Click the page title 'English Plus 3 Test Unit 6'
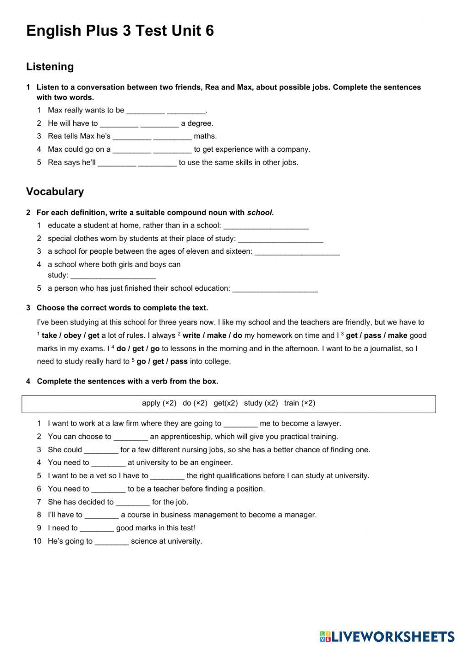pyautogui.click(x=120, y=31)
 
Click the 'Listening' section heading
pyautogui.click(x=50, y=67)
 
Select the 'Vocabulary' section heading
pyautogui.click(x=55, y=192)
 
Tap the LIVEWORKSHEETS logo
pyautogui.click(x=387, y=636)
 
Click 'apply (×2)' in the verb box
pyautogui.click(x=159, y=403)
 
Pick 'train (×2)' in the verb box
pyautogui.click(x=300, y=403)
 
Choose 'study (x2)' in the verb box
pyautogui.click(x=261, y=403)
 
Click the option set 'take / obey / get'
pyautogui.click(x=70, y=336)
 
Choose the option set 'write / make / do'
pyautogui.click(x=212, y=336)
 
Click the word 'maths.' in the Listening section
pyautogui.click(x=205, y=136)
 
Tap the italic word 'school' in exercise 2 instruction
pyautogui.click(x=260, y=213)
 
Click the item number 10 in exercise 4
pyautogui.click(x=37, y=541)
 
